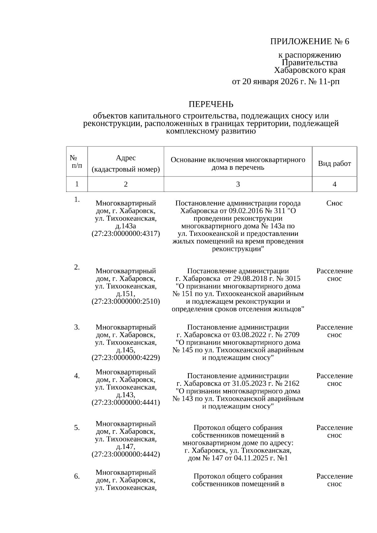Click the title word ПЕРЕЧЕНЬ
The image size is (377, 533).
[211, 104]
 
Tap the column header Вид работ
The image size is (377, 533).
[334, 164]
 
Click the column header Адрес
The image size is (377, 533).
[126, 158]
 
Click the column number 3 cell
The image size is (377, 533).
[238, 184]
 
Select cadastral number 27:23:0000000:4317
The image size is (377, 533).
[126, 234]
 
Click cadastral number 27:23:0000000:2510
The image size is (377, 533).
[126, 302]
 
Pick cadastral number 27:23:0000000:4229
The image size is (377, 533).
[126, 358]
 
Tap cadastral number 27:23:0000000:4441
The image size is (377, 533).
[126, 403]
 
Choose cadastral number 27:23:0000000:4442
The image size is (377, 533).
[126, 454]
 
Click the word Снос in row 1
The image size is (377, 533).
[334, 203]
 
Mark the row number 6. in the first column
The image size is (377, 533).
[77, 476]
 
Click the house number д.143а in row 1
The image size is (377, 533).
[126, 226]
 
